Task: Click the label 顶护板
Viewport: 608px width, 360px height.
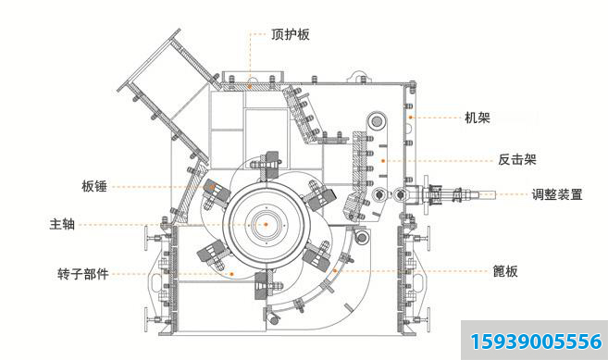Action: pyautogui.click(x=291, y=34)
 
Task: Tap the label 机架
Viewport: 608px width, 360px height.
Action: pyautogui.click(x=478, y=118)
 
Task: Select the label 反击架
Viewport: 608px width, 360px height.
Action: pyautogui.click(x=517, y=159)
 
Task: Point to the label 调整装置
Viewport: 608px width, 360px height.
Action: pyautogui.click(x=557, y=194)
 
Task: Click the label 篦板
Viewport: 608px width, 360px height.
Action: pyautogui.click(x=505, y=271)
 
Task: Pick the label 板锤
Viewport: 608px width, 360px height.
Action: pyautogui.click(x=94, y=187)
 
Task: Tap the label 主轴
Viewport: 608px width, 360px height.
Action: pyautogui.click(x=62, y=224)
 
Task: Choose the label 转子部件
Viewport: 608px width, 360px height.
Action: pyautogui.click(x=82, y=274)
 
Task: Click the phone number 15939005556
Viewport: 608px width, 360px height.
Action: pyautogui.click(x=536, y=341)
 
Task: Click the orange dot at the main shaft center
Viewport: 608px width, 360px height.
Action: pyautogui.click(x=266, y=224)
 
